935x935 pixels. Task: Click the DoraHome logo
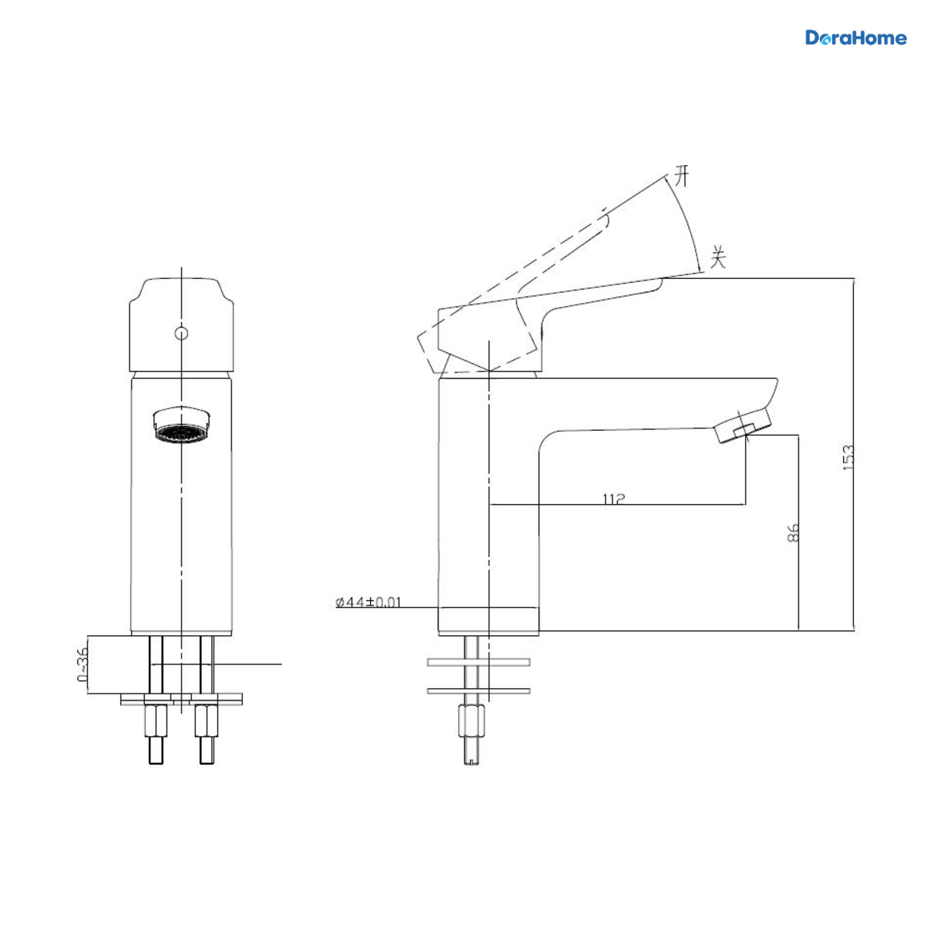tap(856, 38)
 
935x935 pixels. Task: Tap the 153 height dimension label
tap(847, 457)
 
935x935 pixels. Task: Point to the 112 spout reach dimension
tap(613, 499)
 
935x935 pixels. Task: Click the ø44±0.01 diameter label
tap(369, 602)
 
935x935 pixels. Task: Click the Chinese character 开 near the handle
tap(682, 176)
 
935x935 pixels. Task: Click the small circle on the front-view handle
tap(181, 333)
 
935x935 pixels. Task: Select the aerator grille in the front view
tap(181, 433)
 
